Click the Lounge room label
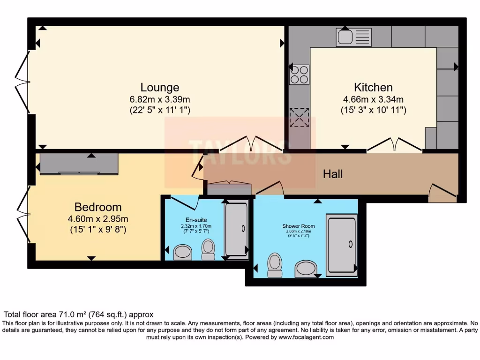[160, 88]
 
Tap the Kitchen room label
[373, 87]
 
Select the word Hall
[333, 174]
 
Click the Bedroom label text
[98, 207]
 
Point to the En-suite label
[195, 219]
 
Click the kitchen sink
[353, 37]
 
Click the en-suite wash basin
[183, 252]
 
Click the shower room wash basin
[305, 269]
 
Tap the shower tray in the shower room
[341, 244]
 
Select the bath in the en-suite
[236, 229]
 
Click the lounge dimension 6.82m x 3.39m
[160, 99]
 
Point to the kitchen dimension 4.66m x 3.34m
[373, 99]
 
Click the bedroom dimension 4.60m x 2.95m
[98, 219]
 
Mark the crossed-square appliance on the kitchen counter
[299, 118]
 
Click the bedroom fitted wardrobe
[79, 164]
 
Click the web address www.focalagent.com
[306, 337]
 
